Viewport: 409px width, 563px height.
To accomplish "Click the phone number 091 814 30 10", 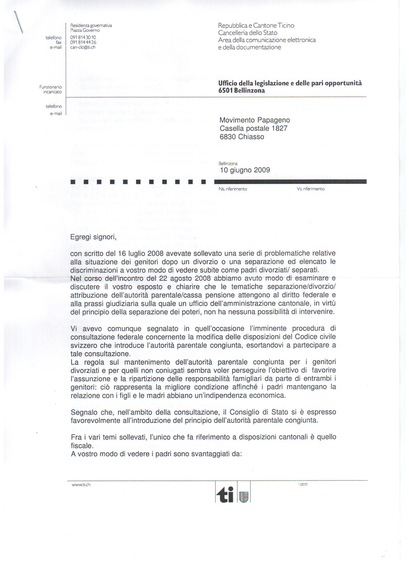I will [83, 38].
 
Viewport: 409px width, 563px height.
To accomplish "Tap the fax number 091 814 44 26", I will [83, 42].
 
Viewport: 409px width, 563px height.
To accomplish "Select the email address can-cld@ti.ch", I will [83, 47].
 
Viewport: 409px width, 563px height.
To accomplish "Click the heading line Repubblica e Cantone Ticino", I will [256, 25].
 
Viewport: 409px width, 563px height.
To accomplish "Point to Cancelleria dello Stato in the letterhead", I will [248, 33].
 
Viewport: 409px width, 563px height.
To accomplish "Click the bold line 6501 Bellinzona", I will [242, 90].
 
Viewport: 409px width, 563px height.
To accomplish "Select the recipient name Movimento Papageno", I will [255, 120].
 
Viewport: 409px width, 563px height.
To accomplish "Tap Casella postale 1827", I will [253, 128].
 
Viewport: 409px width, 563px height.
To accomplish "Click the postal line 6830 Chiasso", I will [242, 137].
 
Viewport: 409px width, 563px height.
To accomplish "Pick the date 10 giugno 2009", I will [245, 170].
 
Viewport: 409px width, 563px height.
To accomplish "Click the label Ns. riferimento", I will [233, 189].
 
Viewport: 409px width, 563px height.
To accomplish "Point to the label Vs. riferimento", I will [311, 189].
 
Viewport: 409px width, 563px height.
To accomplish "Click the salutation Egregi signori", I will [93, 237].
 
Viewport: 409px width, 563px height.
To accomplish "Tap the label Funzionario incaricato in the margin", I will [51, 89].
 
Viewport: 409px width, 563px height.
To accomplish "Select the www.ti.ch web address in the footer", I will [81, 485].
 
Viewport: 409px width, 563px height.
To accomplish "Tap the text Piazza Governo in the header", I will [85, 30].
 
